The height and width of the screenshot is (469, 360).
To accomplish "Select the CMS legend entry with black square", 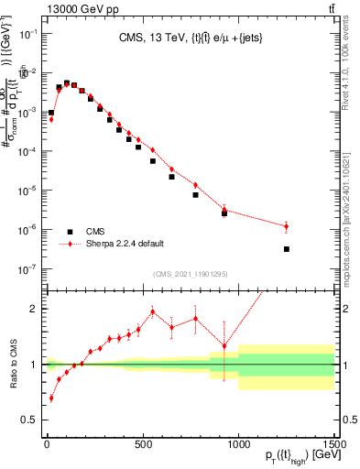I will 94,232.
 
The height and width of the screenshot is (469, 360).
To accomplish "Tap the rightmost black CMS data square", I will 287,249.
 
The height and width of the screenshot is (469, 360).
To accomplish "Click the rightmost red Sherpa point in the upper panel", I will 287,226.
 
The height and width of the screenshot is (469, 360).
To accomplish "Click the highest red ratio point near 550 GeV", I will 153,311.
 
